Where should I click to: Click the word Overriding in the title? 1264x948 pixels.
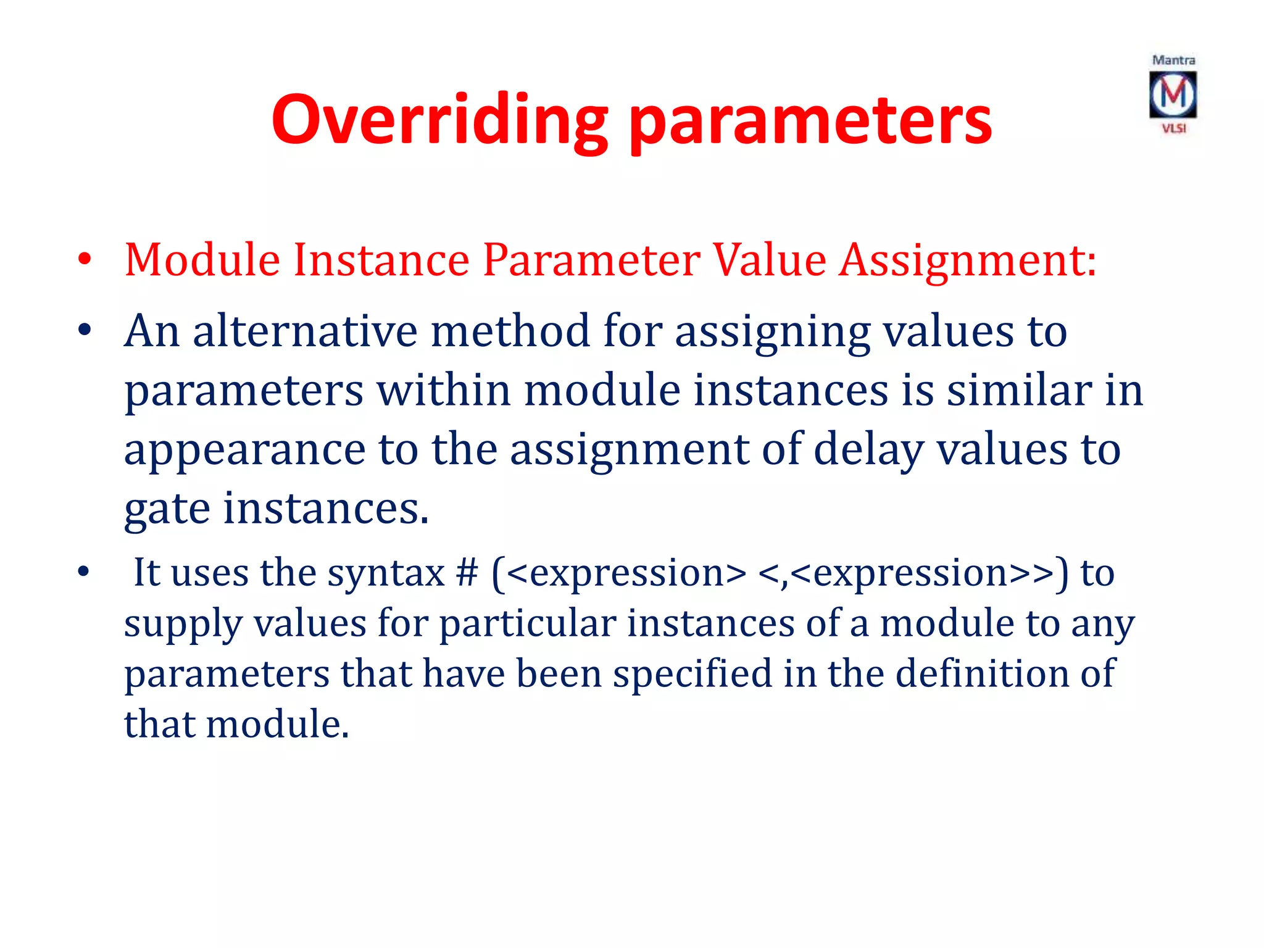click(439, 120)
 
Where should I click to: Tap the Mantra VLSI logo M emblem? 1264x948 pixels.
click(1173, 94)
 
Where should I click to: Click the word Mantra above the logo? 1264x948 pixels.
click(1173, 60)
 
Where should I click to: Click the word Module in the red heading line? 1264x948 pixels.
click(202, 259)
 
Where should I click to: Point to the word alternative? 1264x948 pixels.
click(305, 331)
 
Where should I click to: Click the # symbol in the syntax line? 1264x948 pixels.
click(467, 573)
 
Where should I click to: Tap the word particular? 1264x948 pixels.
click(527, 623)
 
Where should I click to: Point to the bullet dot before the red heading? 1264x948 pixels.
click(85, 260)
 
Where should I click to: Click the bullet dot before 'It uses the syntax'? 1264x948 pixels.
click(85, 573)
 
